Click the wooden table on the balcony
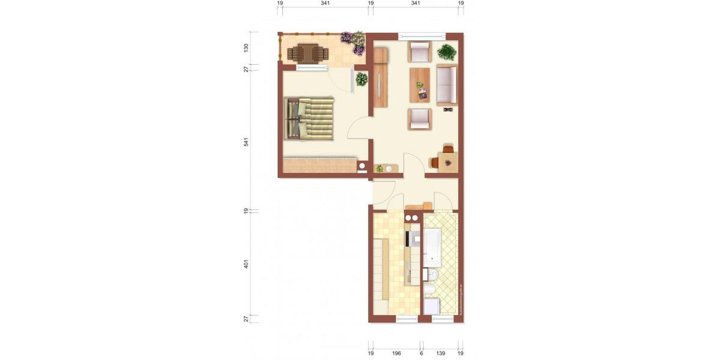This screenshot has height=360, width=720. point(308,53)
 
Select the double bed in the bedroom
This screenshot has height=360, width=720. point(310,118)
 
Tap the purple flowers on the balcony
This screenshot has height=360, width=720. point(353,42)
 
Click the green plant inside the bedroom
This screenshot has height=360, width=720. point(361,79)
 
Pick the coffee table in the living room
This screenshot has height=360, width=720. point(420,85)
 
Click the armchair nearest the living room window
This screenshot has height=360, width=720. point(420,52)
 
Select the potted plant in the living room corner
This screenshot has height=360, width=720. point(446,52)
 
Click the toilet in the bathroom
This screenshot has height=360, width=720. point(430,292)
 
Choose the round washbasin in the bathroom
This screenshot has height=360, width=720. point(433,275)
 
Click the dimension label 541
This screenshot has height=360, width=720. point(246,142)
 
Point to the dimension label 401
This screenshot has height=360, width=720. point(246,264)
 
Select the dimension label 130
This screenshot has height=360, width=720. point(246,48)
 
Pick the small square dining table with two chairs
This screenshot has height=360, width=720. point(447,161)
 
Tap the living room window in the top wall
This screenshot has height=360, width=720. point(422,35)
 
